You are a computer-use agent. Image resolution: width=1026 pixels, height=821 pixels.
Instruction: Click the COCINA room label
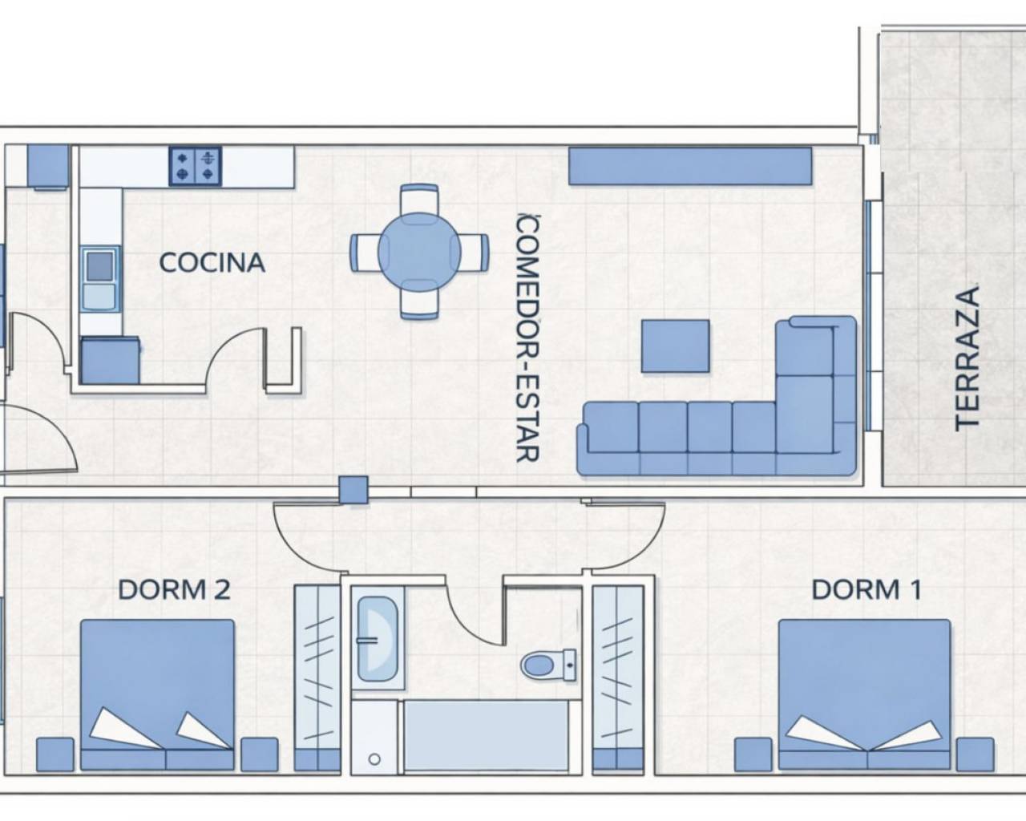tap(212, 263)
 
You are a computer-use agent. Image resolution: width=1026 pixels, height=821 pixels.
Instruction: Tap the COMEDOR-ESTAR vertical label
tap(528, 338)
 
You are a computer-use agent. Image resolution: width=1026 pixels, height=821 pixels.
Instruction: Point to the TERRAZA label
tap(967, 358)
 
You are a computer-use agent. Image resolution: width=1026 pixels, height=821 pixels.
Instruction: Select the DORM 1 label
tap(866, 589)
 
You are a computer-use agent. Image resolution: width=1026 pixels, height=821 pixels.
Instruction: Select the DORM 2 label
tap(174, 589)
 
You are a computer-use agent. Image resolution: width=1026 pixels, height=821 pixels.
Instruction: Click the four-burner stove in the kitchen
tap(195, 165)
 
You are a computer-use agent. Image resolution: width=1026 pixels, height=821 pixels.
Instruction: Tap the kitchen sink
tap(99, 279)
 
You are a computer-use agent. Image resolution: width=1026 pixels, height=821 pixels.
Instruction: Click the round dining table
tap(419, 252)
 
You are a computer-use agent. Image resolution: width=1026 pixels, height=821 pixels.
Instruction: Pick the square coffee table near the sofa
tap(675, 346)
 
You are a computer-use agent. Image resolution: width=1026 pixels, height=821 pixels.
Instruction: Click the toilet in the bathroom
tap(548, 665)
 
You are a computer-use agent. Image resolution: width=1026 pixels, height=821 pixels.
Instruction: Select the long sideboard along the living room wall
tap(690, 165)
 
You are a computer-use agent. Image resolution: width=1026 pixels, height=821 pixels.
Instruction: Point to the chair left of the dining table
tap(366, 253)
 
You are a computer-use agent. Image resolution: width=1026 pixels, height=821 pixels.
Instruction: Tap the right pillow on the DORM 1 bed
tap(908, 735)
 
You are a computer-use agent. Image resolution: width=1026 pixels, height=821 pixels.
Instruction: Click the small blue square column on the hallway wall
tap(353, 489)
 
